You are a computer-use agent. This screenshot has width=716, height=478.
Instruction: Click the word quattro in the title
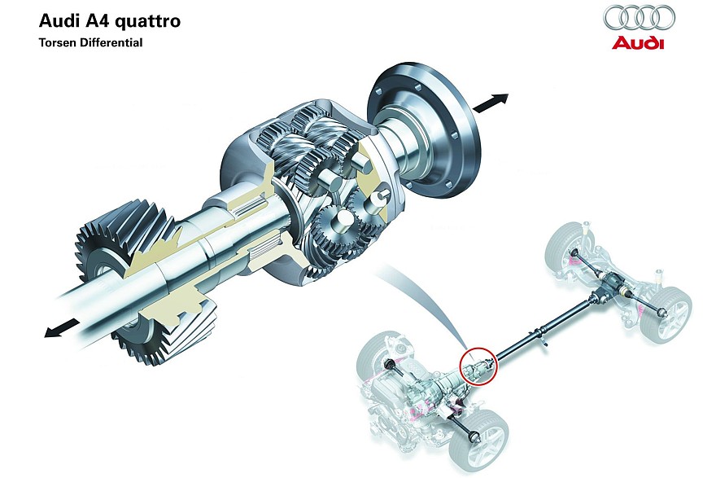(147, 21)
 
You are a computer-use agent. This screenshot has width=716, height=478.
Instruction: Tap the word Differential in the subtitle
(111, 42)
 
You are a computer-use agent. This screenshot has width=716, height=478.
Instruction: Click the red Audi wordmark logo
(639, 43)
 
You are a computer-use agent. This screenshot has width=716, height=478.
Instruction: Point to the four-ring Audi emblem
(640, 18)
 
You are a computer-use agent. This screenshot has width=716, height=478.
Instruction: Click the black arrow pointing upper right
(491, 103)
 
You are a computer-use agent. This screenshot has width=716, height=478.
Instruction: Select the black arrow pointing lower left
(62, 327)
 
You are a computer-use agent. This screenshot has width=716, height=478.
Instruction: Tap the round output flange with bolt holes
(425, 132)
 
